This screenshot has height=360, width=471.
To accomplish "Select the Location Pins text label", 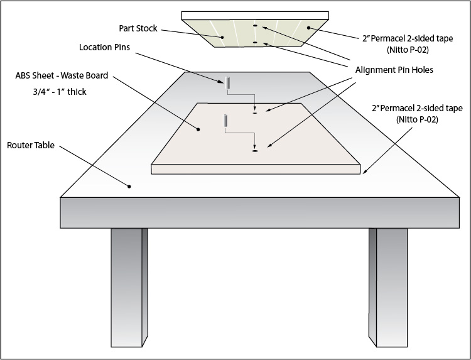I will click(x=104, y=48).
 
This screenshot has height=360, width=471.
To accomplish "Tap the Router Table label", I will click(x=31, y=145).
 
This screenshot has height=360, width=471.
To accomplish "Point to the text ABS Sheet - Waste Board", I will click(x=62, y=75).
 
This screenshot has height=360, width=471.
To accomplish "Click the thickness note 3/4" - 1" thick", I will click(x=51, y=92).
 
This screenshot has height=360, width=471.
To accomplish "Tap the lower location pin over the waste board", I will click(x=224, y=120).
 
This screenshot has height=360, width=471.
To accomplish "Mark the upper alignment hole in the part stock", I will click(x=255, y=26).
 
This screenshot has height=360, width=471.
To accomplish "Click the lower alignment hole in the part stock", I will click(x=255, y=42).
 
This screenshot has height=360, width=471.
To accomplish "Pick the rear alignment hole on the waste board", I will click(x=255, y=114).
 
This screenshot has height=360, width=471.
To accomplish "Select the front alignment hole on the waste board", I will click(x=255, y=151).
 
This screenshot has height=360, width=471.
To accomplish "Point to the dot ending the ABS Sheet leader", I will click(x=198, y=129).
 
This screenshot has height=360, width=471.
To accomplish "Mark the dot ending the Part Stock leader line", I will click(x=221, y=37).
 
